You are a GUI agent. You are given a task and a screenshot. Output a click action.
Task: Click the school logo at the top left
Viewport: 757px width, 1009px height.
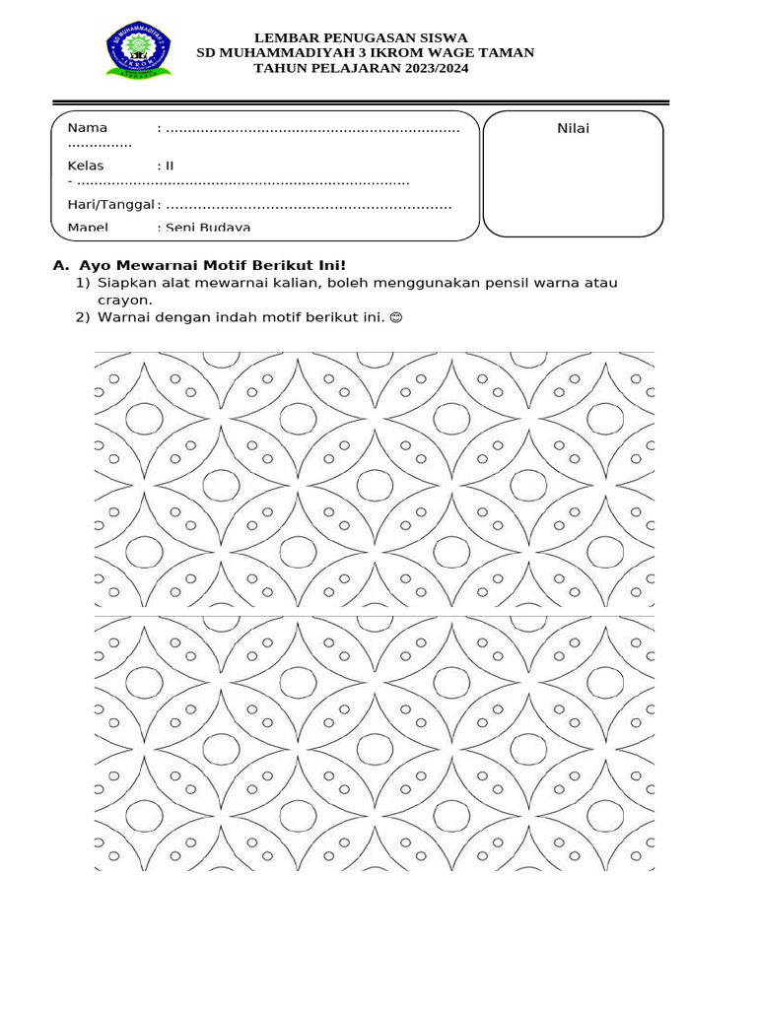click(138, 51)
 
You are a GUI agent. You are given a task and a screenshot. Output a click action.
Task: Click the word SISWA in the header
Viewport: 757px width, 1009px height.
click(442, 37)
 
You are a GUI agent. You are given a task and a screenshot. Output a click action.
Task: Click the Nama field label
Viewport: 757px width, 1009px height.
click(88, 128)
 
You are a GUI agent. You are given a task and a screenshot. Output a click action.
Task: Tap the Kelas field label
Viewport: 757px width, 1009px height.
click(86, 166)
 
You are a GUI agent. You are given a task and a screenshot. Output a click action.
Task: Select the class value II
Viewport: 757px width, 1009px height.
click(170, 166)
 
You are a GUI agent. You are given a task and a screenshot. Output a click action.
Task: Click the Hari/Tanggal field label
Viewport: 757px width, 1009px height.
click(110, 205)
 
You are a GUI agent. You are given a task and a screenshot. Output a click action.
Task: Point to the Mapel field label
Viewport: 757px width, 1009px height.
click(88, 228)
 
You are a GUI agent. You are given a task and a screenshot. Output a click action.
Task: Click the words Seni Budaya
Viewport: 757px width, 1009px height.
click(208, 228)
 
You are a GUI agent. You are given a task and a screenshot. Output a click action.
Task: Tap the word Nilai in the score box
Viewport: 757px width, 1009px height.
click(573, 128)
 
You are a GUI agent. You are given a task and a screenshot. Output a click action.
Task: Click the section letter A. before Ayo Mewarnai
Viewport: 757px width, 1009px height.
click(61, 265)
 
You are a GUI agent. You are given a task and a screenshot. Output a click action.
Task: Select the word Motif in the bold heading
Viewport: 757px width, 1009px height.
click(226, 265)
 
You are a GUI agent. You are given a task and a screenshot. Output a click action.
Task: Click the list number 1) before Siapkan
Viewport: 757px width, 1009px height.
click(83, 283)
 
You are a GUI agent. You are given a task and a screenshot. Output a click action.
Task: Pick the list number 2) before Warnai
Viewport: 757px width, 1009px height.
click(83, 317)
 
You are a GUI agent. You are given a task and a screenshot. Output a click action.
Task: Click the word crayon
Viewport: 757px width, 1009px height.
click(124, 300)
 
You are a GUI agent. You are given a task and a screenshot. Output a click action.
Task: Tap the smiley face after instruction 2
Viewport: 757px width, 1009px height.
click(396, 317)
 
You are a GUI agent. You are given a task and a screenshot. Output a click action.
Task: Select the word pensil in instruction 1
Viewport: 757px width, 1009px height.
click(508, 283)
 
